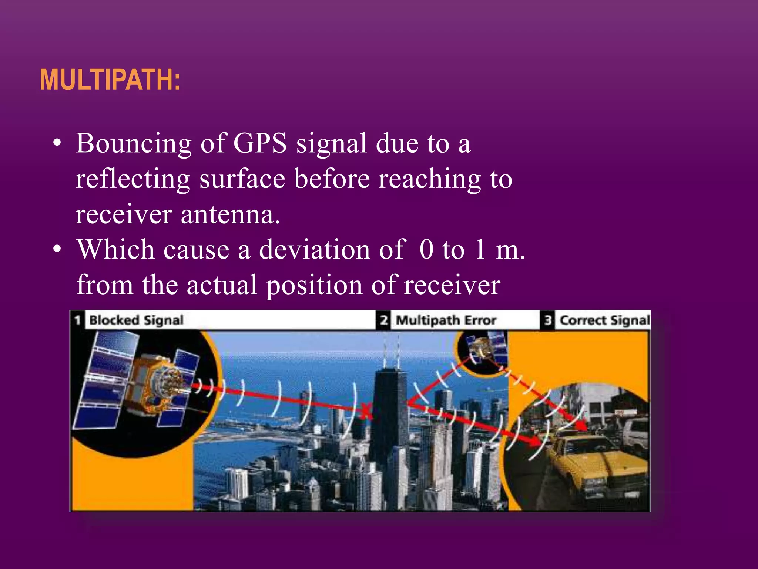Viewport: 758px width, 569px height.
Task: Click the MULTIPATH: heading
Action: point(110,80)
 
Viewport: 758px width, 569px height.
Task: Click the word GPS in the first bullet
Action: point(260,143)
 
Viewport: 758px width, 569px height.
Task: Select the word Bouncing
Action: point(134,144)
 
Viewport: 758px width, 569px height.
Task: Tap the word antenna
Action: point(230,214)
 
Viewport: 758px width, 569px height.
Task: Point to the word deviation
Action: point(314,249)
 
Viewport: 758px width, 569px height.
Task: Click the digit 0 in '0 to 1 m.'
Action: point(426,249)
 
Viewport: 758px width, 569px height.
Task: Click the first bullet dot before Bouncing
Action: point(57,143)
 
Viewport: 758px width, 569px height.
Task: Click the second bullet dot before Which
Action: point(57,249)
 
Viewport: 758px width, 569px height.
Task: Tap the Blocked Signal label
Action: point(136,320)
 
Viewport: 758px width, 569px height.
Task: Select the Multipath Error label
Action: point(446,320)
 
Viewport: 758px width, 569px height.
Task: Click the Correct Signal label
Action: point(604,320)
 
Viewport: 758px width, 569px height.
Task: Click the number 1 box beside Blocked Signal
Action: point(77,320)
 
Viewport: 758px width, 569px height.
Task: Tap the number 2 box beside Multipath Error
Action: point(384,320)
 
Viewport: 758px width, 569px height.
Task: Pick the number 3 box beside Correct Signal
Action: point(548,320)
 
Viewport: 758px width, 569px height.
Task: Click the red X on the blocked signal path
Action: point(366,411)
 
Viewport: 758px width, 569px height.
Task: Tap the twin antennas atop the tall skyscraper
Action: point(391,350)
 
